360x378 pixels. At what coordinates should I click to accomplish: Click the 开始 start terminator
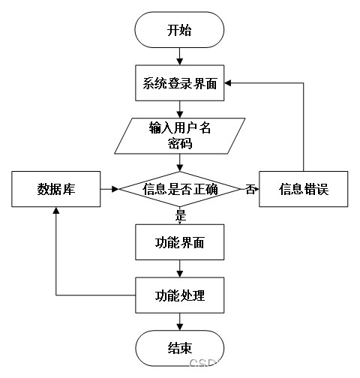pyautogui.click(x=179, y=30)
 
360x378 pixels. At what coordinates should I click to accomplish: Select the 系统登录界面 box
pyautogui.click(x=179, y=83)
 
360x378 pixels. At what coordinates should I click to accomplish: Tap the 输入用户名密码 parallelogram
pyautogui.click(x=179, y=136)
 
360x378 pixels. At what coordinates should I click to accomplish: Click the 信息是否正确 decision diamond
pyautogui.click(x=179, y=189)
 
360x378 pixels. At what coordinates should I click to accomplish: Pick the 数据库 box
pyautogui.click(x=56, y=189)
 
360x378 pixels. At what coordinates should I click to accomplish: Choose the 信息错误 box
pyautogui.click(x=304, y=189)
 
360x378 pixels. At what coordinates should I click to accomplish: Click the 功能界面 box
pyautogui.click(x=179, y=242)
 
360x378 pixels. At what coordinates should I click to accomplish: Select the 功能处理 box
pyautogui.click(x=179, y=295)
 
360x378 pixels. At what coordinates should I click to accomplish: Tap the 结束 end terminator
pyautogui.click(x=179, y=348)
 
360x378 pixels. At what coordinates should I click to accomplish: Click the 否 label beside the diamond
pyautogui.click(x=250, y=189)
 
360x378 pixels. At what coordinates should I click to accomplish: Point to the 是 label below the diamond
pyautogui.click(x=181, y=215)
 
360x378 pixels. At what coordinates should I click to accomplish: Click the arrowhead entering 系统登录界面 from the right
pyautogui.click(x=227, y=83)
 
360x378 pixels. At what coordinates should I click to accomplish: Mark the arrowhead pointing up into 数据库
pyautogui.click(x=56, y=210)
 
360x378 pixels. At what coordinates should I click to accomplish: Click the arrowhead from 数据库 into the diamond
pyautogui.click(x=115, y=189)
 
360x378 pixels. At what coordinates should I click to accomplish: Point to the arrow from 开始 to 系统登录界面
pyautogui.click(x=179, y=56)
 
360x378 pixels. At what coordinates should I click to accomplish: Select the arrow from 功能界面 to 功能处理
pyautogui.click(x=179, y=268)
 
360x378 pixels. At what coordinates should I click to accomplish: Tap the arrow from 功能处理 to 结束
pyautogui.click(x=179, y=322)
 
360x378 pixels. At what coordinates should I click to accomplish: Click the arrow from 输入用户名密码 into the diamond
pyautogui.click(x=179, y=163)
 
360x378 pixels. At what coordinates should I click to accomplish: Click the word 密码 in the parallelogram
pyautogui.click(x=179, y=144)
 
